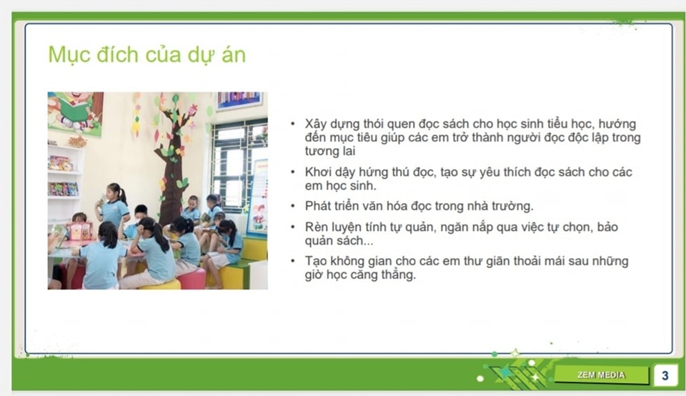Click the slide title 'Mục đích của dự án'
point(147,55)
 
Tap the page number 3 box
point(665,375)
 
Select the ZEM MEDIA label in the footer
point(601,375)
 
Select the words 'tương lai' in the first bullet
point(330,151)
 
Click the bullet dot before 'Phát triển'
point(293,206)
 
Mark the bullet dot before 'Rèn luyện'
point(293,227)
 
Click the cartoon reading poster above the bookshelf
point(75,112)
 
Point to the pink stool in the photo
point(192,278)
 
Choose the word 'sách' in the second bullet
point(568,172)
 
